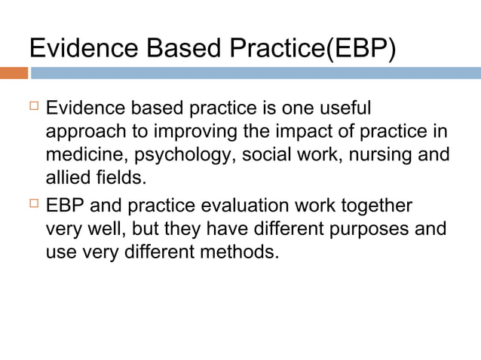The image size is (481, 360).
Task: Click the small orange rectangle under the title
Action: (x=14, y=73)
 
